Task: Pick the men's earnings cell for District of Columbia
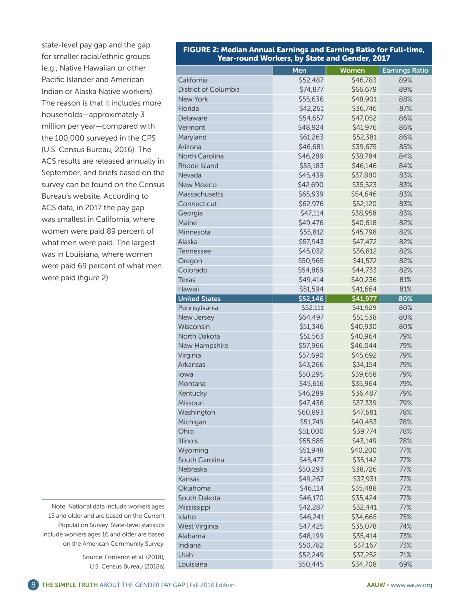(x=310, y=90)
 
